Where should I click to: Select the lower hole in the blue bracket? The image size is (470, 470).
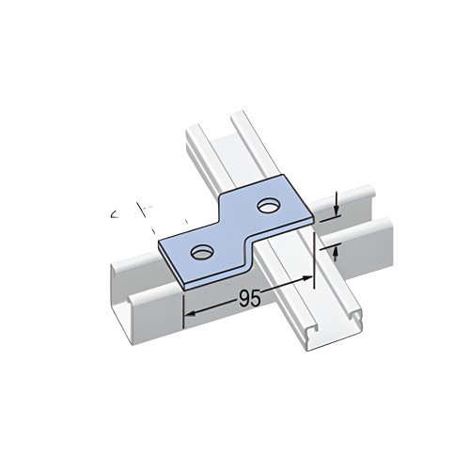pos(201,251)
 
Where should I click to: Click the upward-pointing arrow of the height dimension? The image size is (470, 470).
pos(337,251)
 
